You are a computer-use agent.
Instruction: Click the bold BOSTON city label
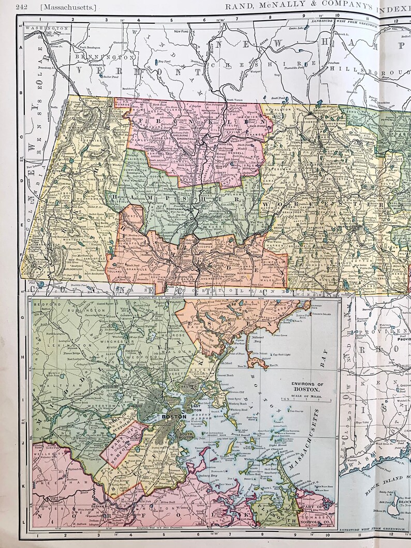[x=170, y=415]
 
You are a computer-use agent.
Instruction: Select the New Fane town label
[x=181, y=32]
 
